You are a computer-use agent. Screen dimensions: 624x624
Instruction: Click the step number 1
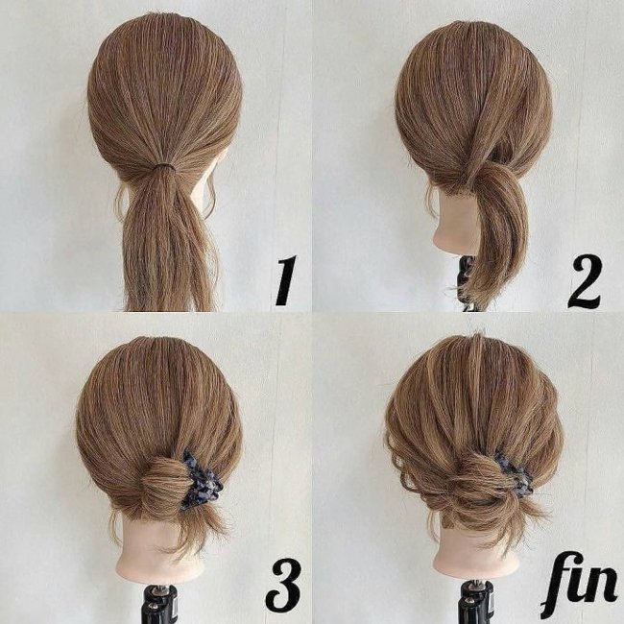click(286, 280)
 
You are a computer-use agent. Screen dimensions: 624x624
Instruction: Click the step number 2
click(585, 281)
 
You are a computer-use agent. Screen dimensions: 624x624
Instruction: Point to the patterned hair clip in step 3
click(199, 479)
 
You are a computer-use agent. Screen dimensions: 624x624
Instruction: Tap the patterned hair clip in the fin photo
click(514, 473)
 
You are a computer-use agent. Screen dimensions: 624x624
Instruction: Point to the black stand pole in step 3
click(160, 604)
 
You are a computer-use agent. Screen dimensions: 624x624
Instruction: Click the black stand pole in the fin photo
click(477, 603)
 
